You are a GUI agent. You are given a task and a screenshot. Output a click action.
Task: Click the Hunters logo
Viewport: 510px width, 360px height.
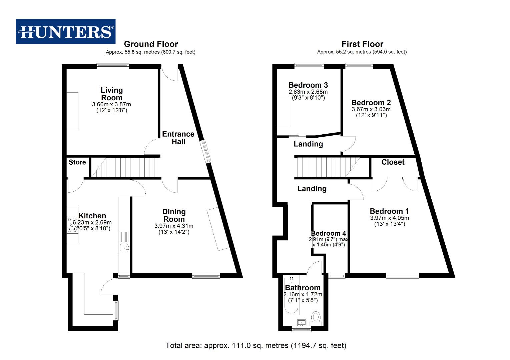[66, 32]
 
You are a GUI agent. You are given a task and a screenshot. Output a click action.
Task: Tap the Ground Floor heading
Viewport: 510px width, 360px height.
[151, 44]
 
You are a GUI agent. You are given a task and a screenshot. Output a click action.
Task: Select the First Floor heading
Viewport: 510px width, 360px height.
[362, 44]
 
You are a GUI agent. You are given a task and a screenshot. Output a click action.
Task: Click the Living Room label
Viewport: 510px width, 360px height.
[112, 94]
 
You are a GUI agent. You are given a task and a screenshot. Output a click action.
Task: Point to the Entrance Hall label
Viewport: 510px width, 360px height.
[178, 138]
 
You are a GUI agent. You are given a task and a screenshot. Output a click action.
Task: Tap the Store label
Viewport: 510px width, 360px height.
[77, 162]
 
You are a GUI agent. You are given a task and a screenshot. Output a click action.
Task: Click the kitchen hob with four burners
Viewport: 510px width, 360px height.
[72, 225]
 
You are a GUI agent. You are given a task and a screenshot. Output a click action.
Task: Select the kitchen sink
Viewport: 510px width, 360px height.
[125, 248]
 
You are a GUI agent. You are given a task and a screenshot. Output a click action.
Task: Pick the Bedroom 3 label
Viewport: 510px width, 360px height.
[308, 85]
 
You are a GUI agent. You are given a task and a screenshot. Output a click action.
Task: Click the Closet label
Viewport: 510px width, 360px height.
[393, 162]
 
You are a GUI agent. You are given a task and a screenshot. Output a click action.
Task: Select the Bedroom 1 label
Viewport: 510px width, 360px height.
[389, 211]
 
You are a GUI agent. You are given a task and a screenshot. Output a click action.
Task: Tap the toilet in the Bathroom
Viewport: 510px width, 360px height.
[316, 317]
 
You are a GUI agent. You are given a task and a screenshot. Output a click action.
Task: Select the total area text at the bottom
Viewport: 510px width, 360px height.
[256, 345]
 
